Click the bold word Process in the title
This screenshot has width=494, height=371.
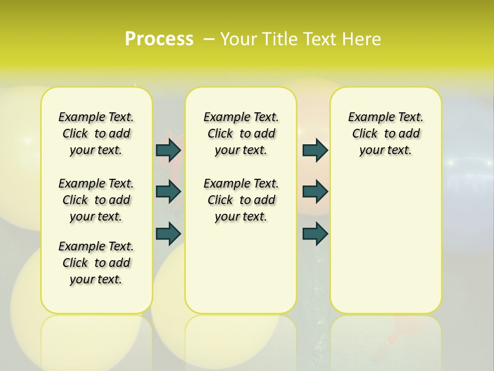(159, 39)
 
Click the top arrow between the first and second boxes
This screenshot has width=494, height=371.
(168, 150)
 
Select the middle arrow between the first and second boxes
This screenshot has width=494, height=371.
(168, 192)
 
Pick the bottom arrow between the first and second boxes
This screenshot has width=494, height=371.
(168, 234)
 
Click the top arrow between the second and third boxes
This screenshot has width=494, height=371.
(315, 150)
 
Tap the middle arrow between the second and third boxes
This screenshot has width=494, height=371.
(315, 192)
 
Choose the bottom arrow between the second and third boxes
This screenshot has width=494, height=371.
(315, 234)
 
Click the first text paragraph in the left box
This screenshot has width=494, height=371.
(96, 134)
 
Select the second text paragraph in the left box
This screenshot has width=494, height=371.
(96, 200)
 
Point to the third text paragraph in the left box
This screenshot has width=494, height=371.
(96, 263)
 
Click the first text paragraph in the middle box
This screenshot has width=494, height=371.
(241, 134)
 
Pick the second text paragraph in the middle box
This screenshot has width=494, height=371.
(241, 200)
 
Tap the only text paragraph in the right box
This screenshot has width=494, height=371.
(385, 134)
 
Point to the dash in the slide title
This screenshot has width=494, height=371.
(209, 39)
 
